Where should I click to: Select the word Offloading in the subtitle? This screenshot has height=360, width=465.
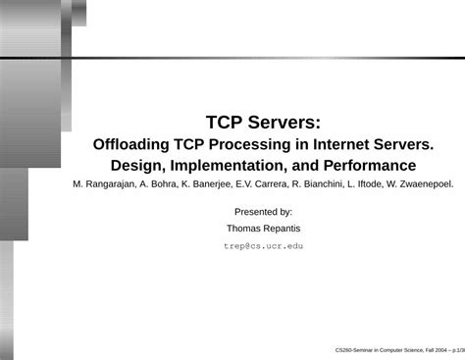pyautogui.click(x=133, y=144)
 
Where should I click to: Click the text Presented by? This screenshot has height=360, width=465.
pyautogui.click(x=263, y=211)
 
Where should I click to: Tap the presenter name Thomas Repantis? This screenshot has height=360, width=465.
pyautogui.click(x=263, y=228)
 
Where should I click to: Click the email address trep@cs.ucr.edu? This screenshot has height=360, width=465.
pyautogui.click(x=263, y=245)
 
